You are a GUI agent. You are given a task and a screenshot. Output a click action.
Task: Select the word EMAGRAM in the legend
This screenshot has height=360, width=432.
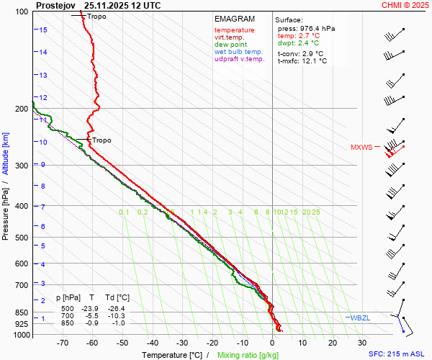(235, 19)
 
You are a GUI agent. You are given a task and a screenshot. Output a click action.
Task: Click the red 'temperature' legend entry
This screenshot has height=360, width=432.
(234, 30)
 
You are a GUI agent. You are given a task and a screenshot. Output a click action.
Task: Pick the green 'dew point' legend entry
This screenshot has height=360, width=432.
(230, 45)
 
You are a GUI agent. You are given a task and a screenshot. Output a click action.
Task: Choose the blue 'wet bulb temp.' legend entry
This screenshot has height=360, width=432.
(238, 52)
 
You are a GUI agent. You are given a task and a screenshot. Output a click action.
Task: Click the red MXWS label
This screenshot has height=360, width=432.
(361, 148)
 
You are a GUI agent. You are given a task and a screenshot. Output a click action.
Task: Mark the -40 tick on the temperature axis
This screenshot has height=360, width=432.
(152, 344)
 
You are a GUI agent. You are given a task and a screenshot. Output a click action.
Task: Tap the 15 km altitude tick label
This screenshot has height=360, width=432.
(44, 30)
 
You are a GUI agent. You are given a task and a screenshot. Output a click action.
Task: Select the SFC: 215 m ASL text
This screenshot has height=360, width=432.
(397, 354)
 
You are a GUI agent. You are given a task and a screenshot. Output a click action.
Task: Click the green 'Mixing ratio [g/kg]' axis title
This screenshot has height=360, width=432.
(248, 355)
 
